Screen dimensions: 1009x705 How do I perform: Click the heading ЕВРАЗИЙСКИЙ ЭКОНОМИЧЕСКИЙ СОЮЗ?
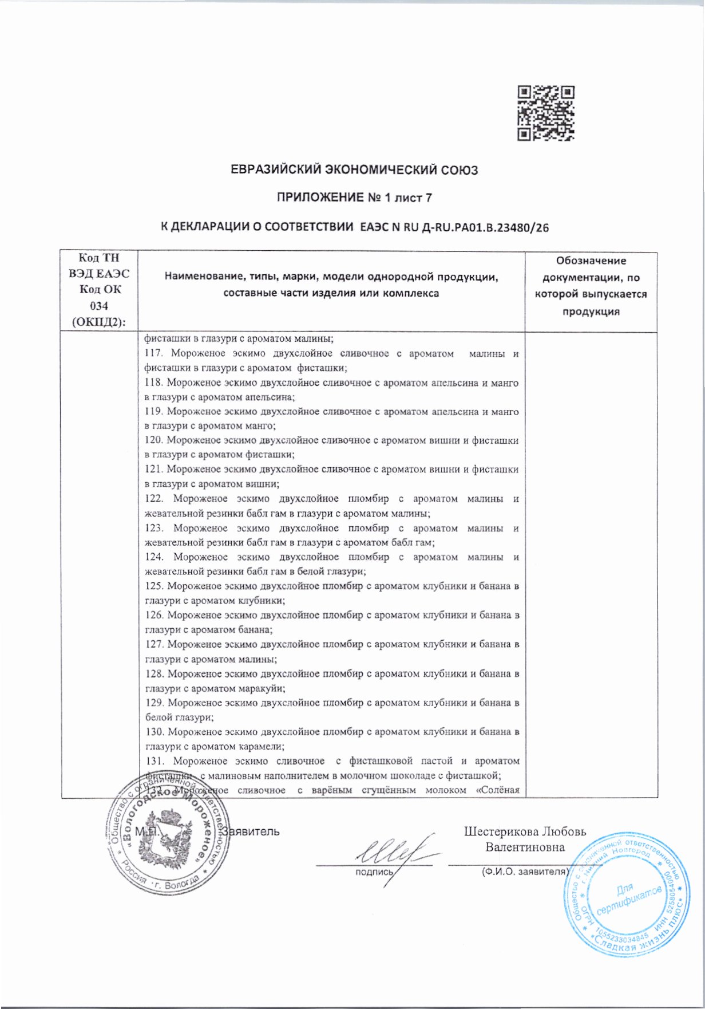click(x=354, y=170)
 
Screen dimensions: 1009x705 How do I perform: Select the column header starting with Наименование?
click(x=331, y=285)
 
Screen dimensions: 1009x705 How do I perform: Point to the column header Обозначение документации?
click(x=591, y=286)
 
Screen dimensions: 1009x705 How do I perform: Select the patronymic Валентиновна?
click(x=525, y=847)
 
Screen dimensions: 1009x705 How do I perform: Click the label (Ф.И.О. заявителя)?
click(x=522, y=872)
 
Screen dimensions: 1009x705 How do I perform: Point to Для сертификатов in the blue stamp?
click(x=630, y=898)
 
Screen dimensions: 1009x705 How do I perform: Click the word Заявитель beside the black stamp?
click(x=252, y=831)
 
